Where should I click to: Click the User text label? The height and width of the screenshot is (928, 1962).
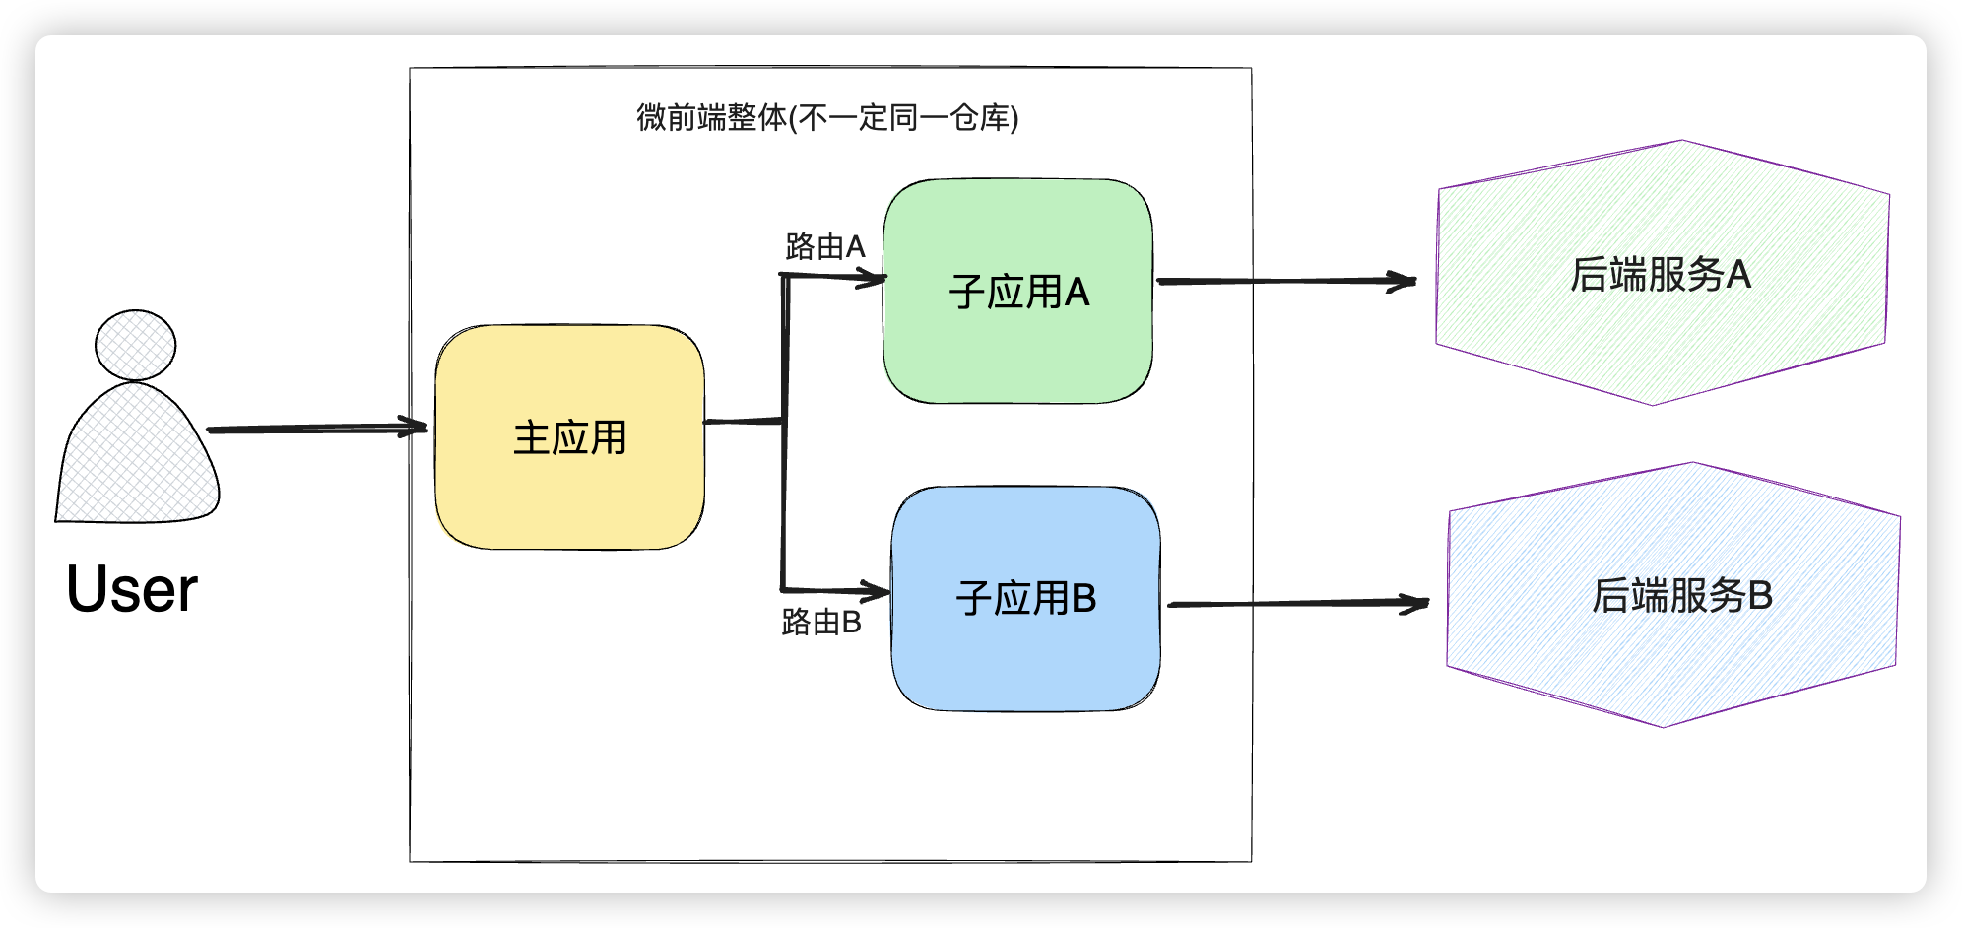pyautogui.click(x=132, y=589)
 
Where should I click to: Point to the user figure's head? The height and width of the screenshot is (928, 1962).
pyautogui.click(x=135, y=345)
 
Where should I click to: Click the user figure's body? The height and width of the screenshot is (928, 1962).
pyautogui.click(x=137, y=458)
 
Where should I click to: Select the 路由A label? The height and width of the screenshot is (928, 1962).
pyautogui.click(x=824, y=246)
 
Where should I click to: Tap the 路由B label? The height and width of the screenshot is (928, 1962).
pyautogui.click(x=820, y=622)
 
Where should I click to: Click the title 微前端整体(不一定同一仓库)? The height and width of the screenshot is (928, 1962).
pyautogui.click(x=827, y=118)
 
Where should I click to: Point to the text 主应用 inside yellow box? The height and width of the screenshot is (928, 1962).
pyautogui.click(x=569, y=437)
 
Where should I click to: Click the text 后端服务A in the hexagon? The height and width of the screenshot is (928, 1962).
pyautogui.click(x=1661, y=274)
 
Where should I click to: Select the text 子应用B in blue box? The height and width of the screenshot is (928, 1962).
pyautogui.click(x=1025, y=598)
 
